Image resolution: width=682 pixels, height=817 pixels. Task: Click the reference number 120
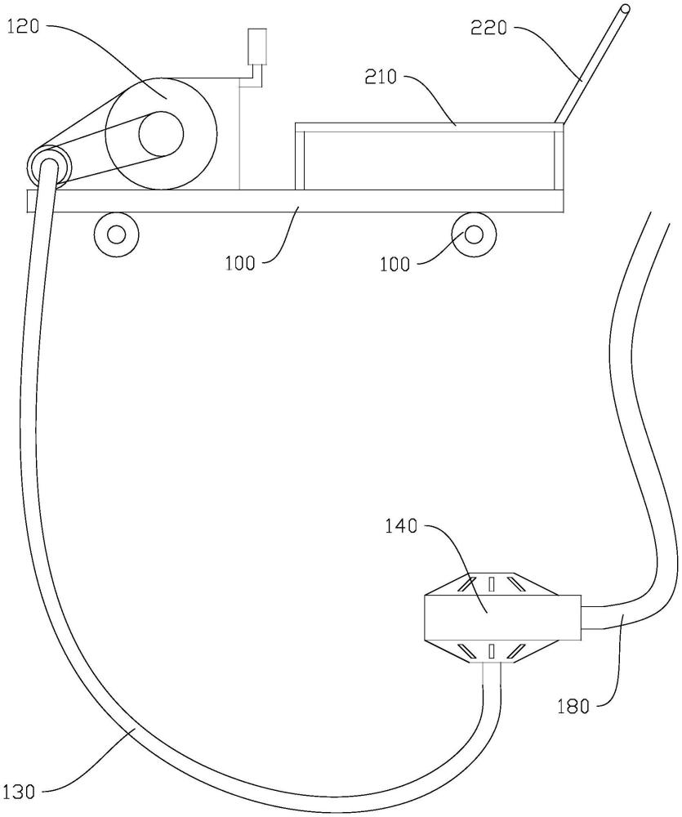[23, 27]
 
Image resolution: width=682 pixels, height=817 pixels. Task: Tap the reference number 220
[488, 27]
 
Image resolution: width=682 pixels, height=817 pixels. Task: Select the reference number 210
[381, 78]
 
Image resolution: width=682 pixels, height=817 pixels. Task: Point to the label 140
[401, 526]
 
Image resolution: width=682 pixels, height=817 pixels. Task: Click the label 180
[573, 707]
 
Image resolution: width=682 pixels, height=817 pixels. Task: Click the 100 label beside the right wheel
[395, 264]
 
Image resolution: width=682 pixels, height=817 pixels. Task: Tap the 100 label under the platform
[240, 263]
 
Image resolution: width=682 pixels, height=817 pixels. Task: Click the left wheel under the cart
[116, 234]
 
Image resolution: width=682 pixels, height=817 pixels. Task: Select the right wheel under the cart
[474, 234]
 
